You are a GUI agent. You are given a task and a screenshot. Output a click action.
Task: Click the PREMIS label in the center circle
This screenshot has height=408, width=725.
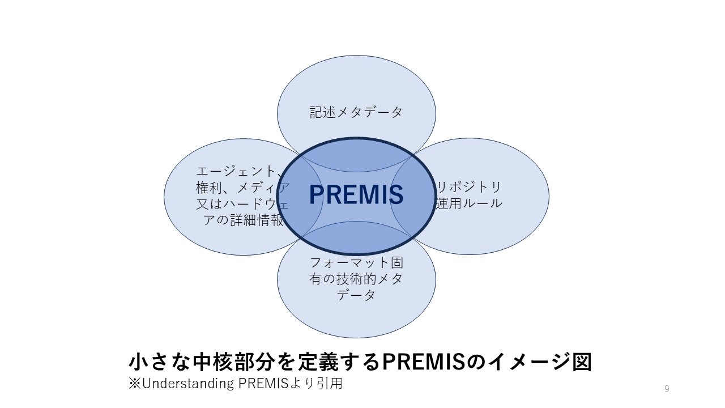356,194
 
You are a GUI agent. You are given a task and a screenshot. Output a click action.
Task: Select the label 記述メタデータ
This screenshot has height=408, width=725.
356,112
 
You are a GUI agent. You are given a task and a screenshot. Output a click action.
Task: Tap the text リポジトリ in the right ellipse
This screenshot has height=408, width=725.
469,187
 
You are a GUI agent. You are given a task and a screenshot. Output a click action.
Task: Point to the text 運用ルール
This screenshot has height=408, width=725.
469,203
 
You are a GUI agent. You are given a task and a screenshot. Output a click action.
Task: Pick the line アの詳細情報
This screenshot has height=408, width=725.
244,220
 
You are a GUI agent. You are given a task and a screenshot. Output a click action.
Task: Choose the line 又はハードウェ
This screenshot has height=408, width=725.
242,203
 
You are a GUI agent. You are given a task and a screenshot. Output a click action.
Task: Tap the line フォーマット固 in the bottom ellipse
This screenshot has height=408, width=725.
356,262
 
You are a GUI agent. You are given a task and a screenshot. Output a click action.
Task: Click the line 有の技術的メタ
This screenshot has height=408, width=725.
356,279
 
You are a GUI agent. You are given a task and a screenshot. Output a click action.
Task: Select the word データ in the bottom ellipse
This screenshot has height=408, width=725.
356,295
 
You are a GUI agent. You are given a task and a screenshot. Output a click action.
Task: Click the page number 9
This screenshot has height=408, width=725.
667,389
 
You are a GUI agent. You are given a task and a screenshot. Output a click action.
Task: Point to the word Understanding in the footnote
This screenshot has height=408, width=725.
188,384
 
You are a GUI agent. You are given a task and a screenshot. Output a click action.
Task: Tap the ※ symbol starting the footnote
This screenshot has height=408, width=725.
135,384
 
